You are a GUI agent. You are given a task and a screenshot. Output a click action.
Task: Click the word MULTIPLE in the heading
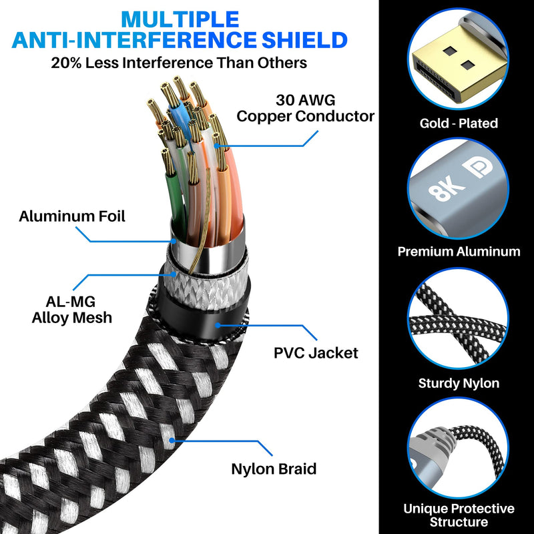180,19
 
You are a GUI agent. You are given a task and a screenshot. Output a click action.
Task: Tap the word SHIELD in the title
304,40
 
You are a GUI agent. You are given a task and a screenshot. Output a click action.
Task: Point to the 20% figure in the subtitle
66,63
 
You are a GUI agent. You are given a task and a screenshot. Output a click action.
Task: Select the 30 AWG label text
306,100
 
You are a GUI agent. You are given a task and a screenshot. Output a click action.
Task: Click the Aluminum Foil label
72,216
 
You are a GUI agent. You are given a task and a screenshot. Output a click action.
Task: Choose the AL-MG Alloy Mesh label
72,310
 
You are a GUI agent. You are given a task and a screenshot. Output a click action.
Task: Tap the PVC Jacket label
316,353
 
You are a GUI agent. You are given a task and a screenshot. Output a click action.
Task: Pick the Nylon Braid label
274,469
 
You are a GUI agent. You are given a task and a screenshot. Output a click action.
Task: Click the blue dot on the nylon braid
172,441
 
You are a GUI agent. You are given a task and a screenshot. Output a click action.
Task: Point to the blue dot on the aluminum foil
174,241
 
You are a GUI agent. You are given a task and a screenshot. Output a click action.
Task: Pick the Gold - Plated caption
459,123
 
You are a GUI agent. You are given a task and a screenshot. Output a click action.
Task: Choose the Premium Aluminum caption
459,252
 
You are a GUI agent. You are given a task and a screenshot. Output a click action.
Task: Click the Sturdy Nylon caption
459,383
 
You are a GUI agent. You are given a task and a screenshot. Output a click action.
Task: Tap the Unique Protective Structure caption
459,515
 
